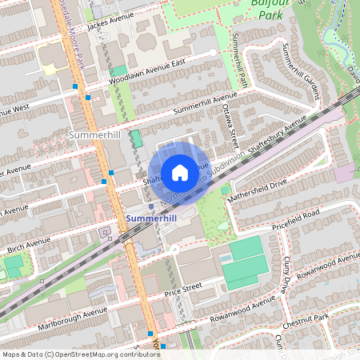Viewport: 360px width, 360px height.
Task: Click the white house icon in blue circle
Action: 180,172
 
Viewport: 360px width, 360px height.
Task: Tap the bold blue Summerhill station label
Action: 151,218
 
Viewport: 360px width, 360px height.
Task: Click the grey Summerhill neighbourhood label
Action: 94,135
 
